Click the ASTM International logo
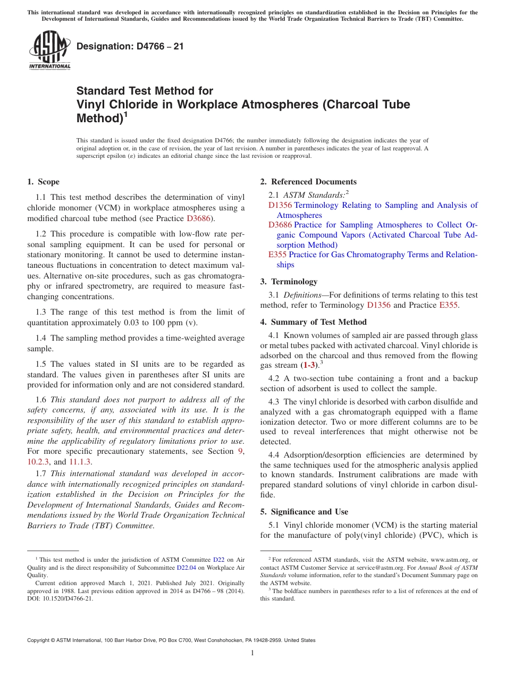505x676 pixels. [x=49, y=51]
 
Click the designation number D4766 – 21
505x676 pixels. [x=130, y=46]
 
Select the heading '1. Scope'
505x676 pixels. [x=44, y=182]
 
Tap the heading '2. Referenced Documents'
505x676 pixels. [x=308, y=182]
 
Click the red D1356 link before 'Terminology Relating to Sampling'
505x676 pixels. [x=280, y=205]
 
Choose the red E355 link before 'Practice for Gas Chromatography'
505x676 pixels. [x=277, y=255]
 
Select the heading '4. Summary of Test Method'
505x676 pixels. [x=313, y=322]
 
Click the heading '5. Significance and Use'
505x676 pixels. [x=304, y=512]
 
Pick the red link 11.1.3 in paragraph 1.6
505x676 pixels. [x=80, y=462]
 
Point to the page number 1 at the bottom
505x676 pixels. [x=252, y=653]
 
